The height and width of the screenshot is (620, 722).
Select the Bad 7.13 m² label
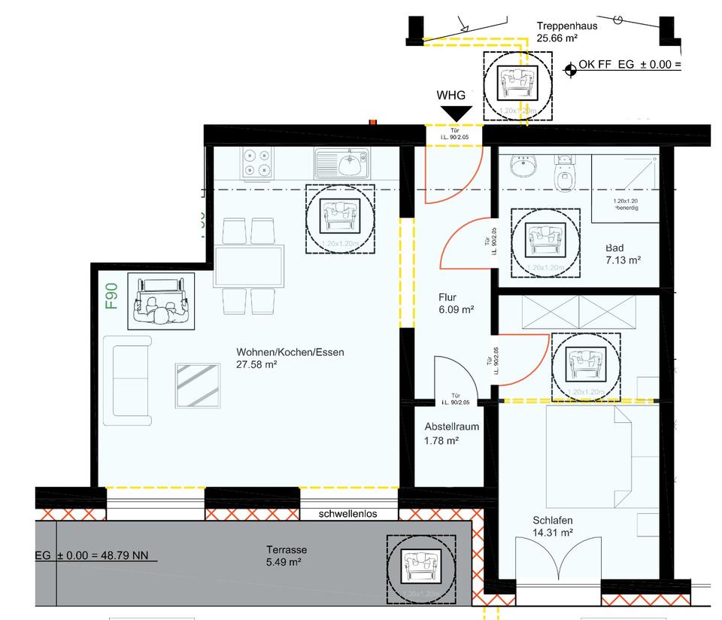click(x=623, y=254)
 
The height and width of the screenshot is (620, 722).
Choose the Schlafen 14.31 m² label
click(x=553, y=526)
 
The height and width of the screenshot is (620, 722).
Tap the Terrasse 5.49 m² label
click(x=286, y=555)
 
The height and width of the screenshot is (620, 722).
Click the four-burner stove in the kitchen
click(x=257, y=163)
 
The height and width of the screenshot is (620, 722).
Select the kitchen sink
click(x=342, y=163)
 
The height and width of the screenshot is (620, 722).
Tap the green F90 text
click(x=111, y=296)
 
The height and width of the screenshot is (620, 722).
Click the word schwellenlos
click(x=347, y=515)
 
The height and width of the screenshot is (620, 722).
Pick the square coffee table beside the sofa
click(x=198, y=385)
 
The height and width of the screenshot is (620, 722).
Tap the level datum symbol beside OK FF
click(x=570, y=69)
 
